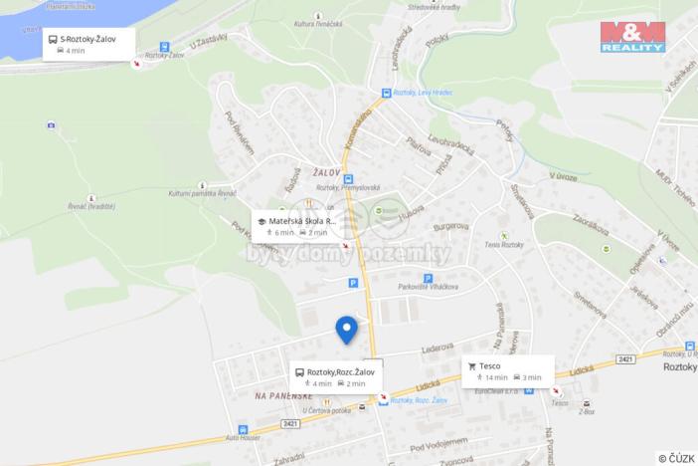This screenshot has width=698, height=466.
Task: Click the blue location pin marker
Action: [x=346, y=329]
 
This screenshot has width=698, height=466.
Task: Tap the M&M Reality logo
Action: [x=632, y=35]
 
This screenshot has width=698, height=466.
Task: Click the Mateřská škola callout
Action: [x=297, y=226]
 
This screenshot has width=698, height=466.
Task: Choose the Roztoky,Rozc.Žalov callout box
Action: [x=336, y=376]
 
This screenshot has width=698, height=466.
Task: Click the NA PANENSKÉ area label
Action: [x=284, y=395]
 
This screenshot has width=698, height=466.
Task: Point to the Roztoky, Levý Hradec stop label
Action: [x=421, y=93]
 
